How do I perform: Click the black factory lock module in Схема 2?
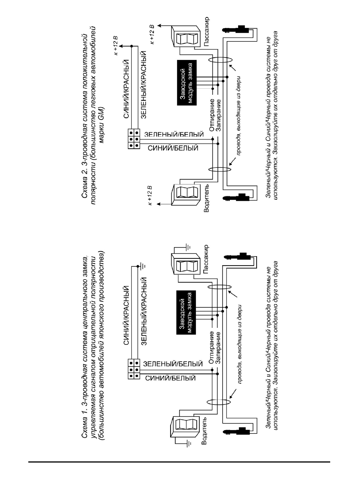coord(186,83)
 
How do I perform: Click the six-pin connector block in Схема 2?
coord(134,139)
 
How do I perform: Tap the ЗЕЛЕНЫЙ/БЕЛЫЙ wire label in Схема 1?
coord(173,364)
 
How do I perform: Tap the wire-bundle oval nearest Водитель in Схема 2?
coord(219,170)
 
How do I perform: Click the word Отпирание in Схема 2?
coord(212,115)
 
